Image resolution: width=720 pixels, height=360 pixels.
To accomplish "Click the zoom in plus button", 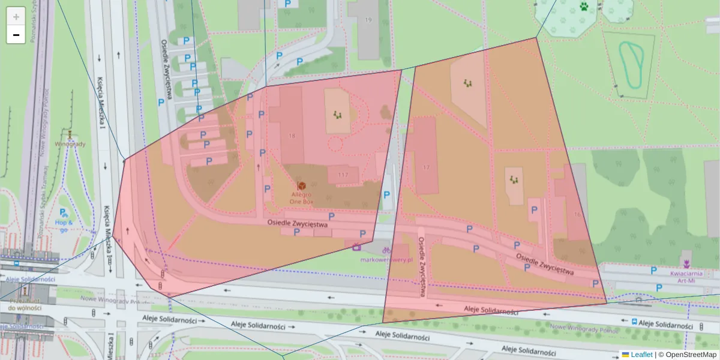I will [16, 16].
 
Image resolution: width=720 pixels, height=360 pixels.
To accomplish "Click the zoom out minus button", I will [16, 35].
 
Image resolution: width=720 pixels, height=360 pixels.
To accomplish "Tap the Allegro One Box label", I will [301, 199].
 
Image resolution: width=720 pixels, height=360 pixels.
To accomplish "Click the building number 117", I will [343, 175].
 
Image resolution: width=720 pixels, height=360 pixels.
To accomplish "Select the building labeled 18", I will [292, 136].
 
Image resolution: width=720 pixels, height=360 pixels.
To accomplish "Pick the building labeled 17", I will [427, 167].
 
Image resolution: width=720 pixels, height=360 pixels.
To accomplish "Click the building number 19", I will [368, 20].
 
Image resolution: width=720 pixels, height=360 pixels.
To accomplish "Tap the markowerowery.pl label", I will [387, 260].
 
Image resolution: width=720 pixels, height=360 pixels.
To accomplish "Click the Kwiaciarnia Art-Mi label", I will [686, 275].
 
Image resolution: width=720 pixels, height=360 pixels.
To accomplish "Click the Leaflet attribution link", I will [641, 355].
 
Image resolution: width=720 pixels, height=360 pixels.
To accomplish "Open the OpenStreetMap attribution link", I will [691, 355].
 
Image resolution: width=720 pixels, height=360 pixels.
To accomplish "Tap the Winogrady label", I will [70, 144].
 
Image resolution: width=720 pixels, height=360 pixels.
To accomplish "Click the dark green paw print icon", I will [584, 7].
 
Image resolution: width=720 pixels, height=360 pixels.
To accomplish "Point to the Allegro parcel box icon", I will [301, 186].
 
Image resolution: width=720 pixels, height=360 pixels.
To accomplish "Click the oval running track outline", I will [632, 64].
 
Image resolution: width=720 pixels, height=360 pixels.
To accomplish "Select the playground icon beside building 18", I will [338, 113].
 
